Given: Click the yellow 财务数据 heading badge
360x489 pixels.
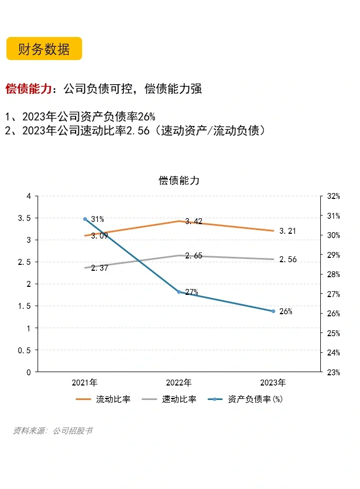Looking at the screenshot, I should tap(44, 49).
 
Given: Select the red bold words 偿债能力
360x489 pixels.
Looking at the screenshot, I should tap(29, 89).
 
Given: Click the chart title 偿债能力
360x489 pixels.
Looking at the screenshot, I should tap(179, 180).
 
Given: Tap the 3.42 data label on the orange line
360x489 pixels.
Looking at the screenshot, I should tap(194, 221).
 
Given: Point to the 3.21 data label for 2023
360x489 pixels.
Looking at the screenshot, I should tap(288, 231).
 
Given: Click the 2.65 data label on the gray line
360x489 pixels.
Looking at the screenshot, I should tap(194, 256).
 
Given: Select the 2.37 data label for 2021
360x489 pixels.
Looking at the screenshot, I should tap(99, 268).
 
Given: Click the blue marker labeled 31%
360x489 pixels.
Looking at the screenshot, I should tap(85, 219).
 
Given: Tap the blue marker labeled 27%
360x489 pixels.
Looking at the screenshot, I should tap(179, 292).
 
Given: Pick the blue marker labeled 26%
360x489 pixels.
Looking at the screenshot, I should tap(273, 311).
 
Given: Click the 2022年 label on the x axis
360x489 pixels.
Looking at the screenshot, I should tap(179, 383).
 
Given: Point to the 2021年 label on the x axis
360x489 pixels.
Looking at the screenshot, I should tap(85, 383).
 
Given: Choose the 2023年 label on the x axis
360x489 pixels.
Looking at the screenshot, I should tap(273, 383).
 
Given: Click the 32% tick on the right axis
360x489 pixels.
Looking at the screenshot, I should tap(333, 196).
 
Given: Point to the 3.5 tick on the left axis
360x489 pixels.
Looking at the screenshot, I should tap(25, 218).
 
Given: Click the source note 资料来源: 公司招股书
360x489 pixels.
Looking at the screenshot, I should tap(53, 431).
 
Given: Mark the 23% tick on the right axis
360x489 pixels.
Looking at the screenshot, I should tap(333, 372).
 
